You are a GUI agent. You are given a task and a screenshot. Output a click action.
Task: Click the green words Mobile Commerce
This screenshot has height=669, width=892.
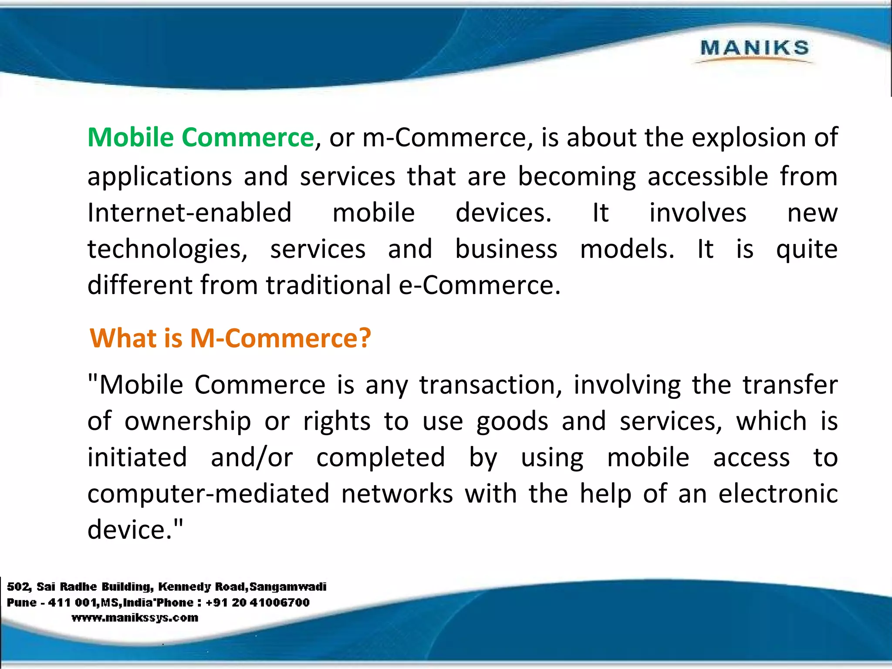click(x=201, y=138)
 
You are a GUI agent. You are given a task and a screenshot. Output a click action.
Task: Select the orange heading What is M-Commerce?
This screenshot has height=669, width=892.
click(x=230, y=338)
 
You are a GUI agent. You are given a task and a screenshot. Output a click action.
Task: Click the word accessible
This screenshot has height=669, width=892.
click(x=707, y=176)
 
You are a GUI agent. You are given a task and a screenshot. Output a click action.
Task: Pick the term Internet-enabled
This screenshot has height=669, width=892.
click(x=189, y=213)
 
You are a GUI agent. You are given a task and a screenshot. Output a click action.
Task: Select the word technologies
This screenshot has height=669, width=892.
click(x=167, y=250)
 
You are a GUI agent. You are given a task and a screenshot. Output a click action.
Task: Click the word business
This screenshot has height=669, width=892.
click(x=506, y=249)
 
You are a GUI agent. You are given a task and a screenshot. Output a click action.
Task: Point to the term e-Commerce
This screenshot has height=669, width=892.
click(x=480, y=285)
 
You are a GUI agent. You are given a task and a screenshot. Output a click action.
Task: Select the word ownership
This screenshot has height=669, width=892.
click(x=188, y=422)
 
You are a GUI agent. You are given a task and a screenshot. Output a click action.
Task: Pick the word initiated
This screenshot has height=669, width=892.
click(x=137, y=457)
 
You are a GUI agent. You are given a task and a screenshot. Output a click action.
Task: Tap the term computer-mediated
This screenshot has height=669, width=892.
click(x=208, y=494)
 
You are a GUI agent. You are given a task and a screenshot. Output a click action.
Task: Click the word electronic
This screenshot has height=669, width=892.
click(x=778, y=494)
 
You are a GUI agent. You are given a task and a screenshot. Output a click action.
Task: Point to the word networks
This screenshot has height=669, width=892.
click(x=397, y=494)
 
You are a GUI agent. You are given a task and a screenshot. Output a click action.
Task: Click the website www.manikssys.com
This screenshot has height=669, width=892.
click(x=135, y=618)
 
